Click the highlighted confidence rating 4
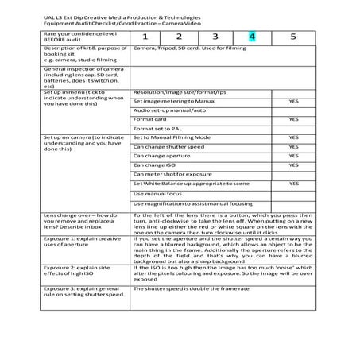point(252,37)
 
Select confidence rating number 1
point(145,37)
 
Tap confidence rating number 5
point(293,37)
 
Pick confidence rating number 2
point(180,37)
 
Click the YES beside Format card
point(293,118)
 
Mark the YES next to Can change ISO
point(293,165)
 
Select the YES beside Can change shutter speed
point(293,147)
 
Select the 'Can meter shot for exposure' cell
point(172,173)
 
